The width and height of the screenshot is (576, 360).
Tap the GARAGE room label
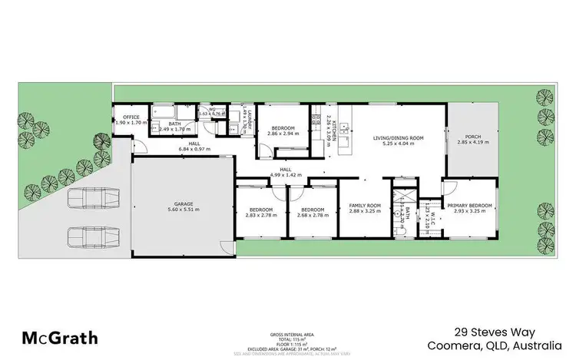coord(182,204)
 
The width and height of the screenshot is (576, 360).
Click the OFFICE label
coord(131,117)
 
